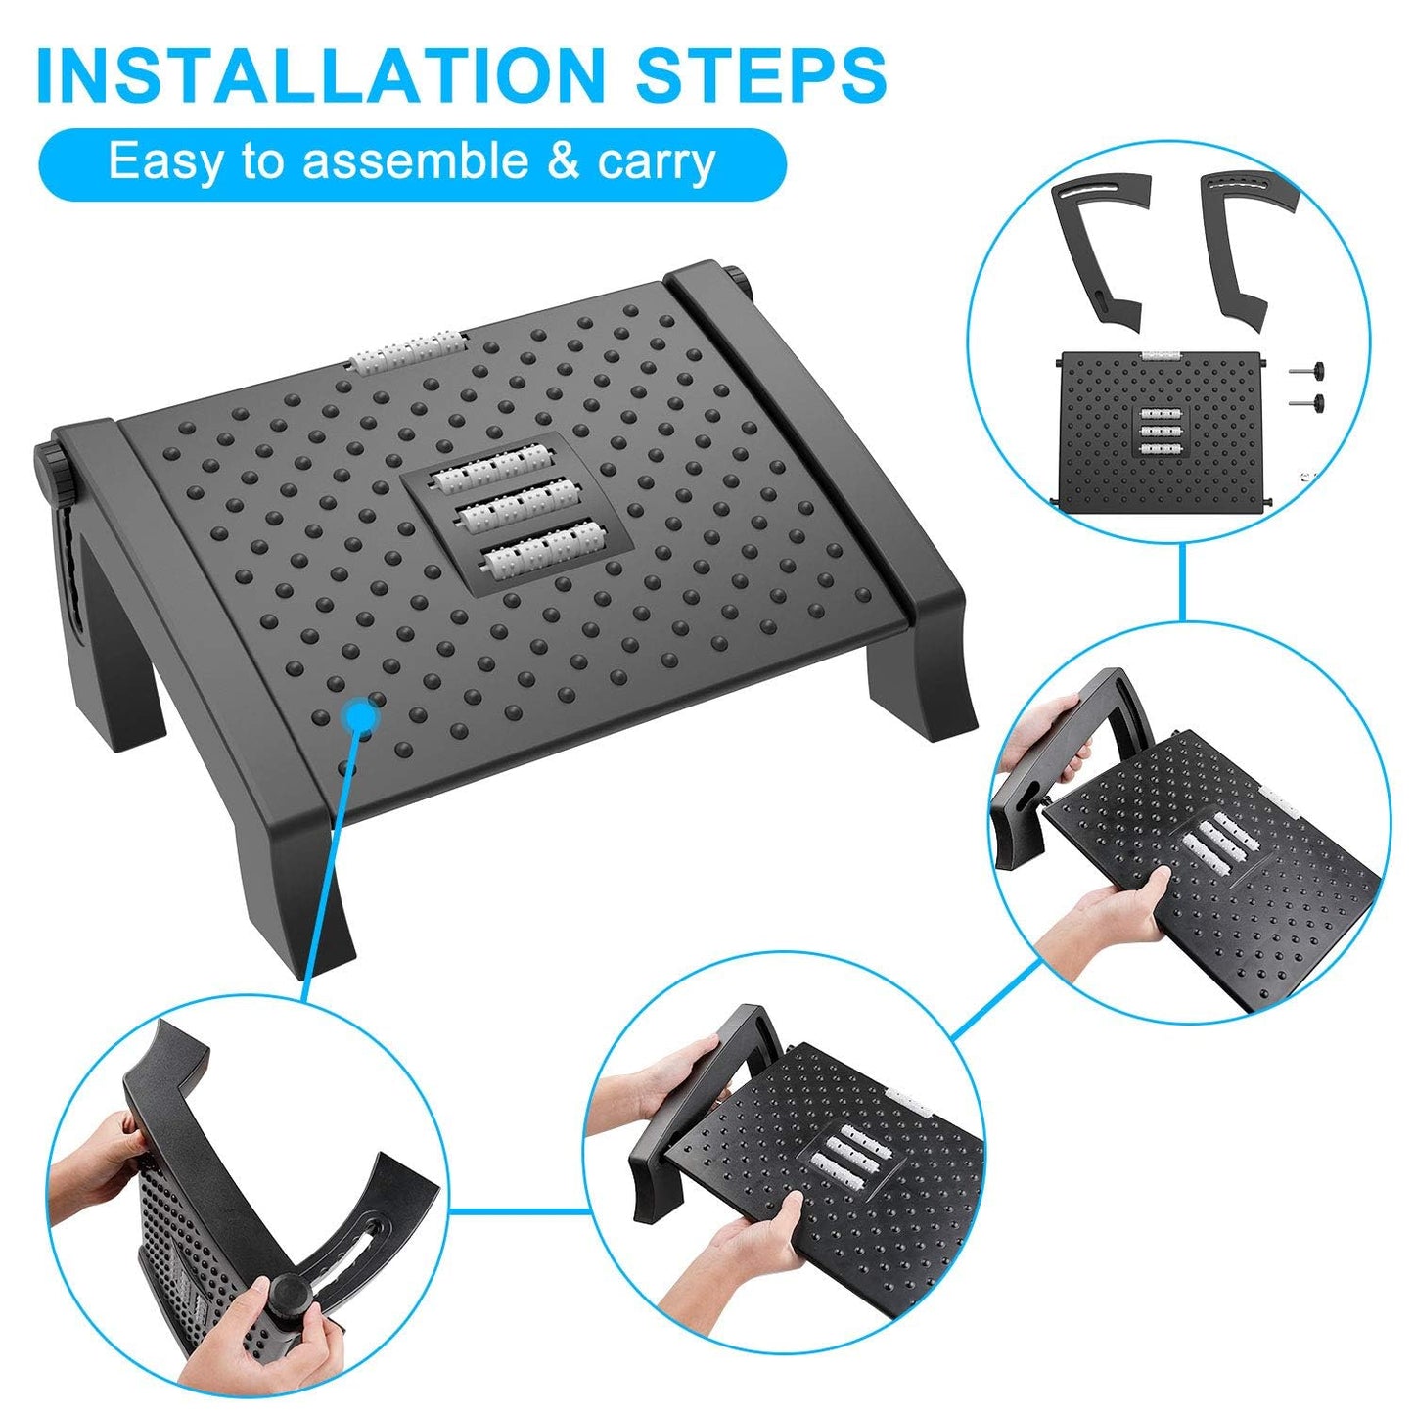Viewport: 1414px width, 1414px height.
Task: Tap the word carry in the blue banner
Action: pos(657,161)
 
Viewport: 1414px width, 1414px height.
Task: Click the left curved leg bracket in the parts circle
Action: pos(1101,250)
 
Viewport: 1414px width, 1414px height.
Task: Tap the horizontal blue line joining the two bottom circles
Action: pos(524,1210)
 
